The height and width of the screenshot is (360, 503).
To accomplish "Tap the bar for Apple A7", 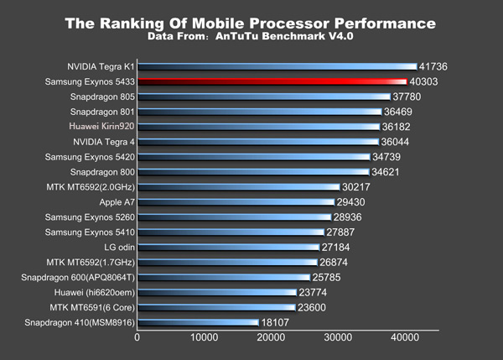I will point(236,202).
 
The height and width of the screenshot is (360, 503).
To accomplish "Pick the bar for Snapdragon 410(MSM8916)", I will point(198,322).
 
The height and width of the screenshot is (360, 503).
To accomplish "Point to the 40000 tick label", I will point(404,338).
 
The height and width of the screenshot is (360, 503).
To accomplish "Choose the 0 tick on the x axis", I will point(137,338).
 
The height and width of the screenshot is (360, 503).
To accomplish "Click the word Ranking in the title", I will point(143,23).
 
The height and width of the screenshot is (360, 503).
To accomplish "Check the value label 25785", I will point(329,278).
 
